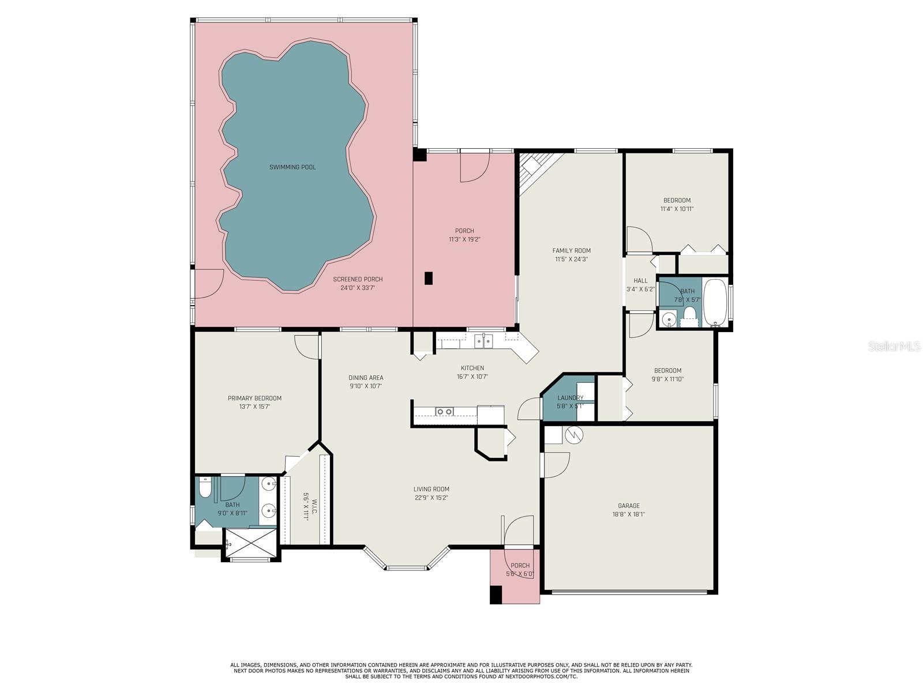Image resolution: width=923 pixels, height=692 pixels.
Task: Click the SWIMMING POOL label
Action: point(292,167)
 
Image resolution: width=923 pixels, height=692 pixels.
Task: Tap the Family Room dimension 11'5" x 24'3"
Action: point(571,259)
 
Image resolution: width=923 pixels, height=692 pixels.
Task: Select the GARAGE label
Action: point(628,506)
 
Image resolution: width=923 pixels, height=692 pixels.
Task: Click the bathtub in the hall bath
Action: point(715,303)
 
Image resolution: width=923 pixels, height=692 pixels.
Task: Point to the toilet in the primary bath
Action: point(205,489)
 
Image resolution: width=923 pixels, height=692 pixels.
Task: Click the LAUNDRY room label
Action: point(570,398)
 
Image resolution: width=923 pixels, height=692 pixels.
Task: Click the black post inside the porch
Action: point(428,278)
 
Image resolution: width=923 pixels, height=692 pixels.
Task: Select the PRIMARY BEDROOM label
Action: point(254,398)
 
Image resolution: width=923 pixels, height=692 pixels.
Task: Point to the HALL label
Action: point(640,281)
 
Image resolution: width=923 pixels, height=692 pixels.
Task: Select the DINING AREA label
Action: point(366,378)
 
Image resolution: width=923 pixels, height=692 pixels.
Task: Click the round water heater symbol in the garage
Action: point(575,434)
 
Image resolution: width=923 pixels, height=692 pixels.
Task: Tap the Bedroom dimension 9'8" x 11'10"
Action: point(667,379)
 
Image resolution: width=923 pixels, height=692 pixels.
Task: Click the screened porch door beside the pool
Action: point(208,284)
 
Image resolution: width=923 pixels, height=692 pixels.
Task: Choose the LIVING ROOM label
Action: point(431,489)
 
